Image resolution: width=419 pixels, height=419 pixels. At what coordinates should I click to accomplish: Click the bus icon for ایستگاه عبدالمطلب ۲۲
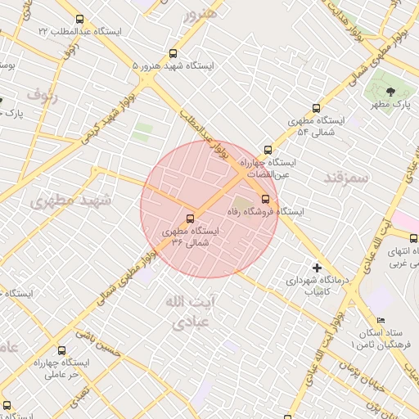point(79,19)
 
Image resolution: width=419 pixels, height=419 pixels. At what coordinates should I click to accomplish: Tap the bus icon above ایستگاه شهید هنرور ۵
point(171,52)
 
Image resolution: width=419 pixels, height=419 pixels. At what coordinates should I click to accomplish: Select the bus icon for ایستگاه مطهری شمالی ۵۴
point(316,108)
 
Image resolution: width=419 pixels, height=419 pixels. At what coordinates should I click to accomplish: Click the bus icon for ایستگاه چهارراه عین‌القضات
point(267,150)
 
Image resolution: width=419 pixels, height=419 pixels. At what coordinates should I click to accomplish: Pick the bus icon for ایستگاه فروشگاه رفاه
point(264,199)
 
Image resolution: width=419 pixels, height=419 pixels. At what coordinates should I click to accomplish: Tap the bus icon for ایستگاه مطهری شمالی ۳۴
point(190,219)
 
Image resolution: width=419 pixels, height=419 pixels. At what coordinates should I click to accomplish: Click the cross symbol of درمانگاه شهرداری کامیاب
point(317,267)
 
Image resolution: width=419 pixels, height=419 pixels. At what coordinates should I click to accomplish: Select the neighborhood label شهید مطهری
point(63,199)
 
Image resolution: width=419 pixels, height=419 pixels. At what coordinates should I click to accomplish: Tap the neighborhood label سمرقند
point(347,177)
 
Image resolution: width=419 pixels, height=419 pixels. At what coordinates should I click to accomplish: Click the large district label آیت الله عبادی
point(182,313)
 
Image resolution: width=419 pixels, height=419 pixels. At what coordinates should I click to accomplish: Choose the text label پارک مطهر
point(390,105)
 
